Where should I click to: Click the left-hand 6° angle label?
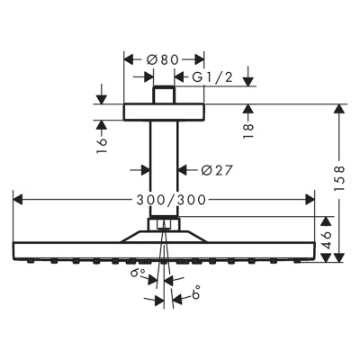pyautogui.click(x=137, y=273)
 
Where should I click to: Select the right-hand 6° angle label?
pyautogui.click(x=193, y=292)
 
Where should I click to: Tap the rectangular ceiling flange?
pyautogui.click(x=164, y=112)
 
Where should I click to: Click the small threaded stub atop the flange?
pyautogui.click(x=164, y=95)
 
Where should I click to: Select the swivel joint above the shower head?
pyautogui.click(x=164, y=226)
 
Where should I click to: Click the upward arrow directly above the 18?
pyautogui.click(x=247, y=110)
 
